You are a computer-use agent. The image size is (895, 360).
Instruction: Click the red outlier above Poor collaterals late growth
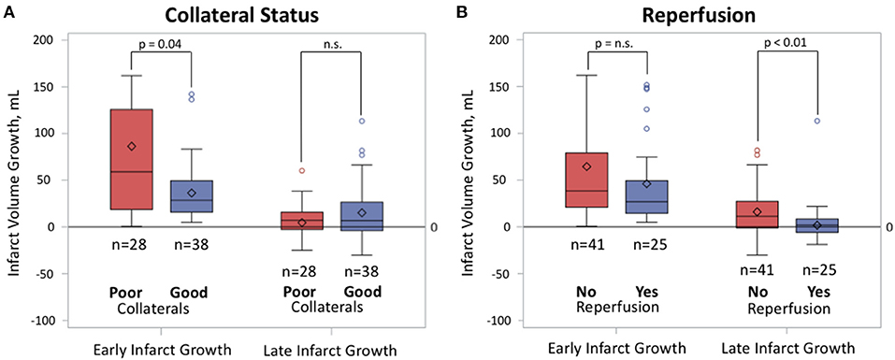pyautogui.click(x=301, y=171)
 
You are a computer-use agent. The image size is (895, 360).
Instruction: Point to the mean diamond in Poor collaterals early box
pyautogui.click(x=132, y=146)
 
